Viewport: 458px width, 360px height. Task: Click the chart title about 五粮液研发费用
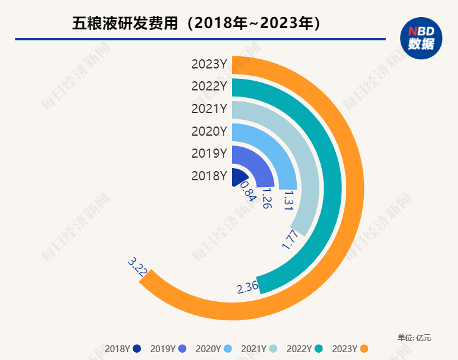[x=197, y=24]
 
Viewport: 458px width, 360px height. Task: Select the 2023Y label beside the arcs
[x=209, y=64]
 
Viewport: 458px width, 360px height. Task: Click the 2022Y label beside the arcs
[x=209, y=86]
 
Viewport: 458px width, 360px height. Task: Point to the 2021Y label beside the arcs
[x=209, y=109]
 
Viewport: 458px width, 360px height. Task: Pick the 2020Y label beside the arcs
[x=209, y=131]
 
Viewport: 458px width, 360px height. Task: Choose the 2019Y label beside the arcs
[x=209, y=153]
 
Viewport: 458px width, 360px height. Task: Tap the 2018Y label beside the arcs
[x=209, y=175]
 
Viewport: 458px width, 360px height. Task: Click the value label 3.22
[x=137, y=268]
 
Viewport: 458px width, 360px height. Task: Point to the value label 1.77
[x=291, y=239]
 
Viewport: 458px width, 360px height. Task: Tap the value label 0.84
[x=247, y=191]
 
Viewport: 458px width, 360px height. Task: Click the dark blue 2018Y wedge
[x=238, y=178]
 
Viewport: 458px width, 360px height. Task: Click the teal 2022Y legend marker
[x=319, y=349]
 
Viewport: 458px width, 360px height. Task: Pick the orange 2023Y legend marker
[x=365, y=349]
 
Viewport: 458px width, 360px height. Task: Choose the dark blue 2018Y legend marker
[x=137, y=349]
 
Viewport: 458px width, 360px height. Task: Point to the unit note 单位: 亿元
[x=414, y=337]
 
